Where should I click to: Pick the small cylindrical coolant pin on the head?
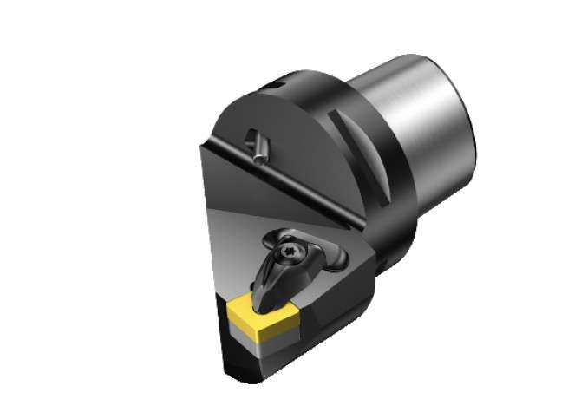pyautogui.click(x=258, y=145)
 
